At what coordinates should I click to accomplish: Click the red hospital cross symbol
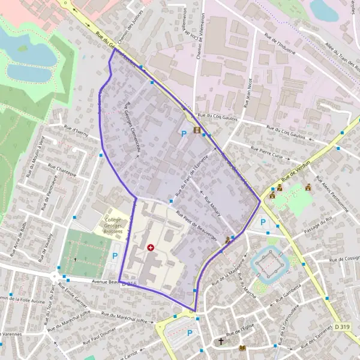click(150, 247)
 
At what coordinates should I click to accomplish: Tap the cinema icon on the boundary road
click(197, 131)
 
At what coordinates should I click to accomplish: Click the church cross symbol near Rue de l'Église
click(221, 342)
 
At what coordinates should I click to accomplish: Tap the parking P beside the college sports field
click(115, 256)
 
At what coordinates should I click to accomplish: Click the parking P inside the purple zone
click(184, 134)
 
